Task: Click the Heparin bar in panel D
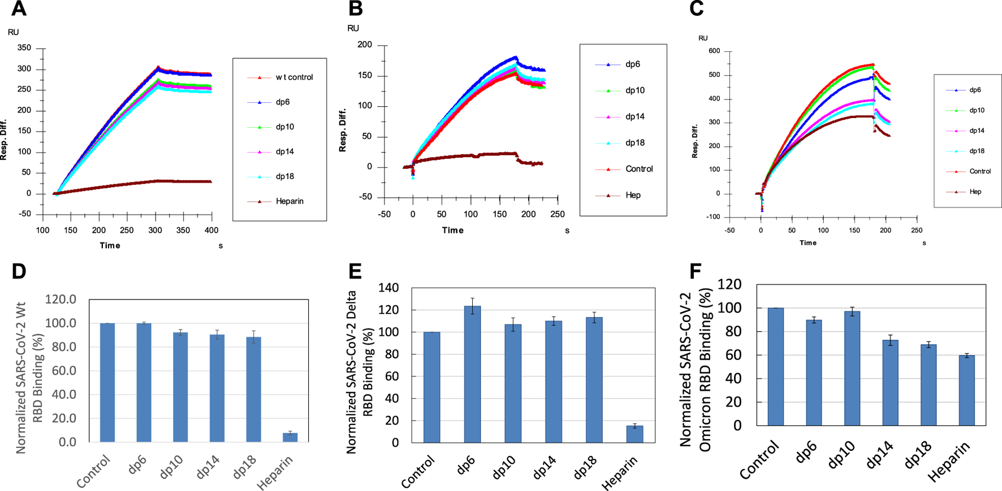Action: [290, 437]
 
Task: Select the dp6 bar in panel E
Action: [472, 374]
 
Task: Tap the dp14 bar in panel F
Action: [890, 383]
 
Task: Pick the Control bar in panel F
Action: [775, 366]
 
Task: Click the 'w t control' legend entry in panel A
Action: [294, 77]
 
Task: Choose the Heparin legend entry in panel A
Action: [290, 201]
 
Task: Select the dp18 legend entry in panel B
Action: [635, 143]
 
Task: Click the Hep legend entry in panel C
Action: [975, 192]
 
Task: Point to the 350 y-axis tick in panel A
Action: [24, 48]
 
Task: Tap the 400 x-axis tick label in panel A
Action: [211, 231]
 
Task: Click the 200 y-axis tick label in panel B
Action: [365, 45]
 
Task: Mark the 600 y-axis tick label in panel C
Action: [714, 51]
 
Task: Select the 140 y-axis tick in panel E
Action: [388, 288]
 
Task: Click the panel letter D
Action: [19, 271]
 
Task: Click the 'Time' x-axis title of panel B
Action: [453, 231]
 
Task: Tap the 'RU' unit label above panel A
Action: [13, 32]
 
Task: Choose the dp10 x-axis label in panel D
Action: [171, 468]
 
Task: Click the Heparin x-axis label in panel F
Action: [948, 462]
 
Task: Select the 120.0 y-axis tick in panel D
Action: [61, 299]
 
